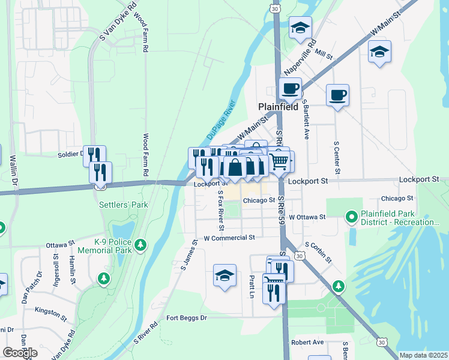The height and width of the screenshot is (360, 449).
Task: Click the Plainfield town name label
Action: tap(279, 107)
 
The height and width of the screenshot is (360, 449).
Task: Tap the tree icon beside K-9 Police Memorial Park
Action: tap(141, 244)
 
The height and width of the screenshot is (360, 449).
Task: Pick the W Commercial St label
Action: tap(229, 238)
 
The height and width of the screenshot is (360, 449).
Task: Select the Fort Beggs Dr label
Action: tap(187, 317)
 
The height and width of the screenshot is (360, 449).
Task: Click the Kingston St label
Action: tap(50, 313)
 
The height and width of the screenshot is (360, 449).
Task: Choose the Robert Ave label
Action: tap(307, 342)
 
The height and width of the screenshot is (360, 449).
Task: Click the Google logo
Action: tap(20, 353)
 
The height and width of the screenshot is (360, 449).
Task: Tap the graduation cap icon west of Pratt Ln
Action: tap(224, 276)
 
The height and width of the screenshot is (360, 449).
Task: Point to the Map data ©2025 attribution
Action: tap(423, 355)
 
